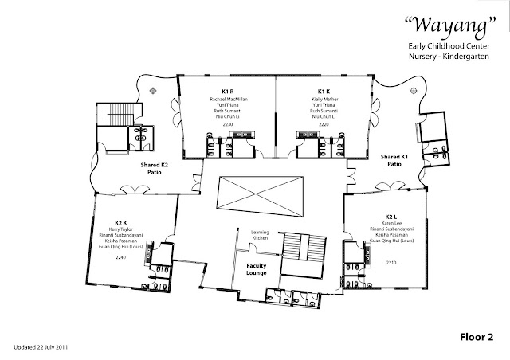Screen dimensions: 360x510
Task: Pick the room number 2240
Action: tap(121, 259)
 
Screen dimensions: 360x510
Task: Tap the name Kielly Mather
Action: tap(324, 99)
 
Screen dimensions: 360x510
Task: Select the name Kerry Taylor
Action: tap(122, 229)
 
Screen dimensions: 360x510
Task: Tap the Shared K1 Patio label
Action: tap(394, 159)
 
